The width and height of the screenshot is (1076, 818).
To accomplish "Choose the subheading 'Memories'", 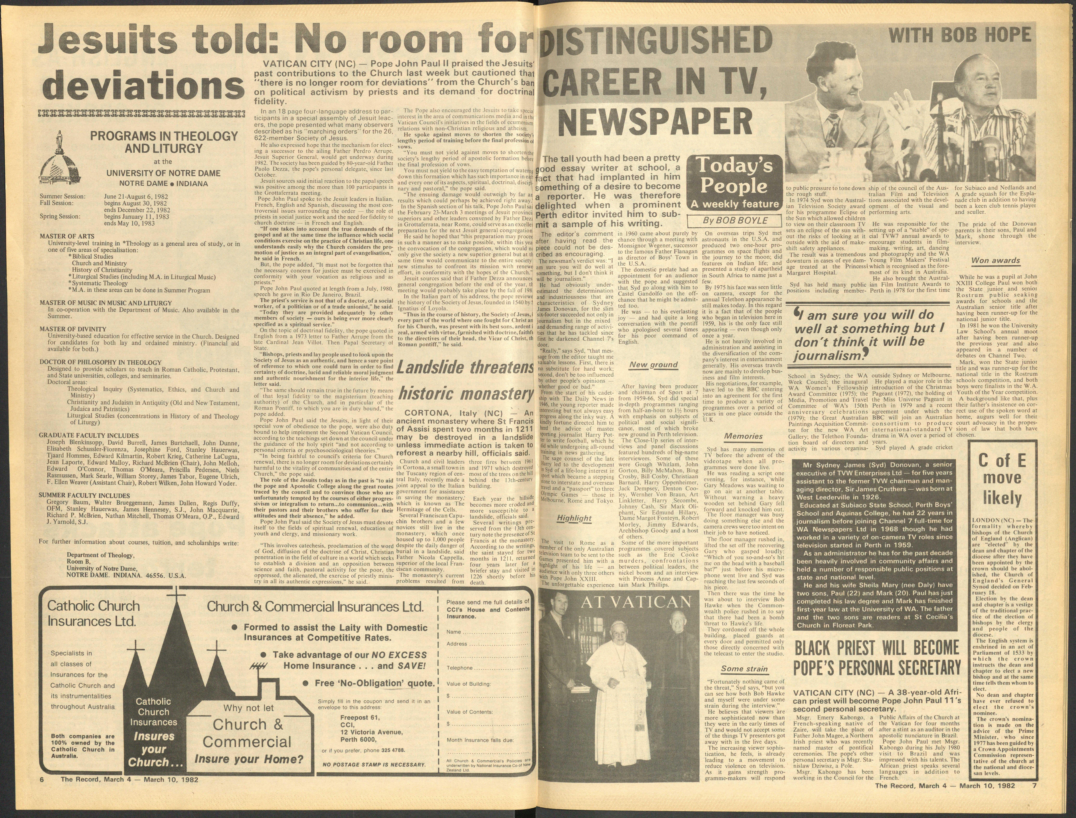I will point(743,436).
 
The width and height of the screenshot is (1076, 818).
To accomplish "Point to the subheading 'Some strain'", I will point(744,669).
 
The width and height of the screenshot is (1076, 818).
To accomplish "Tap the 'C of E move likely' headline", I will point(1002,480).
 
